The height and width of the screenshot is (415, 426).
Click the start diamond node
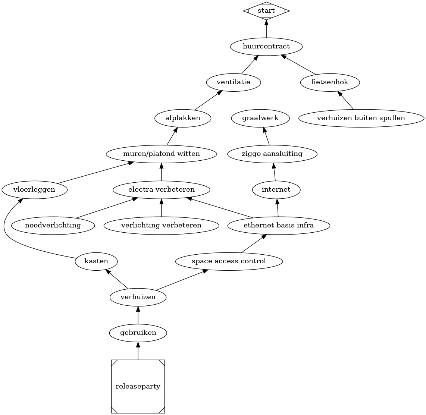(266, 11)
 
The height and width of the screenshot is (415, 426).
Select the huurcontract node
(266, 47)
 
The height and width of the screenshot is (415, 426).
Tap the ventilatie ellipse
(234, 82)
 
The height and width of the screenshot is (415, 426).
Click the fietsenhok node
(330, 82)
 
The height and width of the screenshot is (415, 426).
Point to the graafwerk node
(260, 118)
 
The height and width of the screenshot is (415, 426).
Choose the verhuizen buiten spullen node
(361, 118)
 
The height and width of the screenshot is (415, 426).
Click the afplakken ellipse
(183, 118)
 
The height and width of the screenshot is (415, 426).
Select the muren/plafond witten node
(162, 154)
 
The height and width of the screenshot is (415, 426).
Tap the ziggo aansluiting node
(272, 154)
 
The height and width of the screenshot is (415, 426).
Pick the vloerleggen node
(34, 190)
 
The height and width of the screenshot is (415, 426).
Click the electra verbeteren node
(162, 190)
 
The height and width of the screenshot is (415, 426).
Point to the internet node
(276, 190)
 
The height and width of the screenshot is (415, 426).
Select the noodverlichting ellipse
(53, 226)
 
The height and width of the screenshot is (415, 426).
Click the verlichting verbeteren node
(162, 226)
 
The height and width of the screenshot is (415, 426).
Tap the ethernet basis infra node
(279, 226)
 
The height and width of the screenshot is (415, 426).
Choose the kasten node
(96, 261)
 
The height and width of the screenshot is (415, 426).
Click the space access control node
(229, 261)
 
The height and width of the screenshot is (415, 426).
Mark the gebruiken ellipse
(138, 333)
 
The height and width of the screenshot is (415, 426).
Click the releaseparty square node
(138, 387)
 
